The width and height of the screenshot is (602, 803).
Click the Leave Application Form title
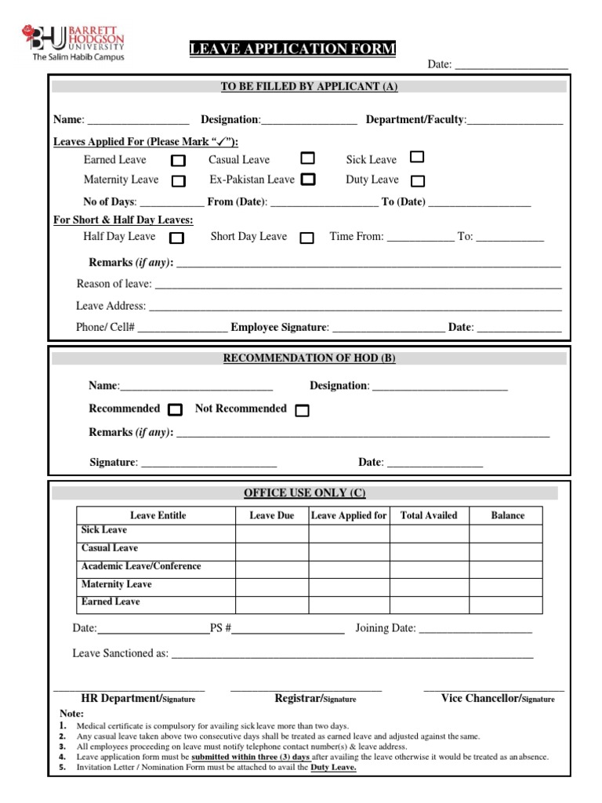[292, 50]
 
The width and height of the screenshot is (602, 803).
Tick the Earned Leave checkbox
[179, 161]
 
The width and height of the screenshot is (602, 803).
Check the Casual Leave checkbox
[308, 158]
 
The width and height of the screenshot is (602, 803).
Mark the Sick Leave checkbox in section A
[418, 158]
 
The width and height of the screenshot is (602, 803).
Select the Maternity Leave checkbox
[179, 181]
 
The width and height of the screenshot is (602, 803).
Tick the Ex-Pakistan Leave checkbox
[308, 179]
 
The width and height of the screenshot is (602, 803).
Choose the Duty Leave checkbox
[418, 181]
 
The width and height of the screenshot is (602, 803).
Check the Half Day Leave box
[177, 238]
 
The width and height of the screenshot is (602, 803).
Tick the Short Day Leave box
[307, 238]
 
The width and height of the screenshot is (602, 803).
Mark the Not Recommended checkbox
[303, 410]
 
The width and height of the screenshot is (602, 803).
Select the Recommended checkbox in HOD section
[176, 409]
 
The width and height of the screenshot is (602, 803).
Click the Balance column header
[507, 515]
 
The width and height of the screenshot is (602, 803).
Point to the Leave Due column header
[271, 515]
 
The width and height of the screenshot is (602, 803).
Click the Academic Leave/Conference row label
[141, 566]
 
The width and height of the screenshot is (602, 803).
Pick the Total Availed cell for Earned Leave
[429, 602]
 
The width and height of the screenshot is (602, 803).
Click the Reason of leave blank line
[357, 285]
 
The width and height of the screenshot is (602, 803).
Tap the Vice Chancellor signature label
[497, 698]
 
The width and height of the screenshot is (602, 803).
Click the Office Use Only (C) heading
[305, 493]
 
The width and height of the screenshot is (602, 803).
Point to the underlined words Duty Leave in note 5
[333, 768]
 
